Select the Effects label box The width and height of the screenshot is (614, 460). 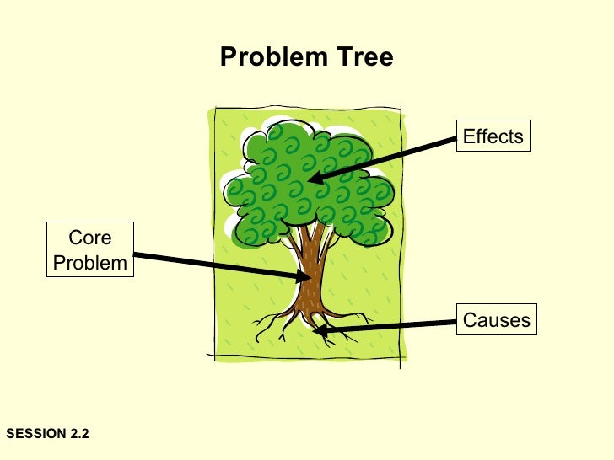pyautogui.click(x=493, y=136)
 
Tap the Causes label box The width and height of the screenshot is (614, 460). pyautogui.click(x=497, y=320)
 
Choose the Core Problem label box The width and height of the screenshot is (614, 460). pyautogui.click(x=89, y=250)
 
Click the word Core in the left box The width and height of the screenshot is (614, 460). pyautogui.click(x=89, y=238)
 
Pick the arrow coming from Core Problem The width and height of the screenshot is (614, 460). pyautogui.click(x=219, y=265)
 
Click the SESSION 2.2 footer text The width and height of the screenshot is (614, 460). pyautogui.click(x=47, y=433)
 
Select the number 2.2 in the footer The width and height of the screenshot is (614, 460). pyautogui.click(x=78, y=433)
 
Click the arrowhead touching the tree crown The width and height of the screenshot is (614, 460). pyautogui.click(x=315, y=178)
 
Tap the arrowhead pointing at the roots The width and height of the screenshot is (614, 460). pyautogui.click(x=320, y=329)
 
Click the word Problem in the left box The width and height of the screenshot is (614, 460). pyautogui.click(x=89, y=262)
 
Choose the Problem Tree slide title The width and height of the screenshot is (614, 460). pyautogui.click(x=306, y=57)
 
